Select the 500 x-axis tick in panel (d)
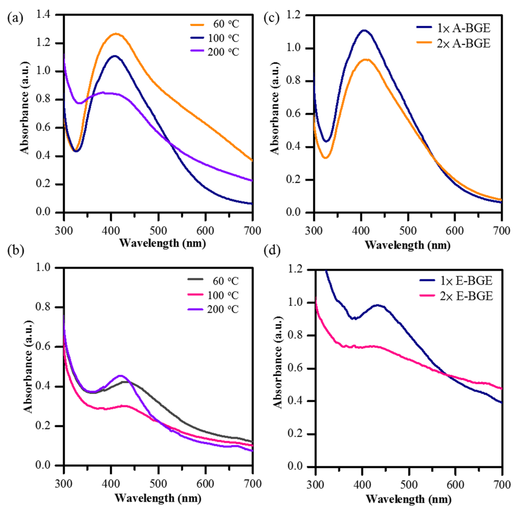pos(409,485)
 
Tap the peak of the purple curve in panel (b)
pos(121,375)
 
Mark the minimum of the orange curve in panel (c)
pos(325,158)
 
